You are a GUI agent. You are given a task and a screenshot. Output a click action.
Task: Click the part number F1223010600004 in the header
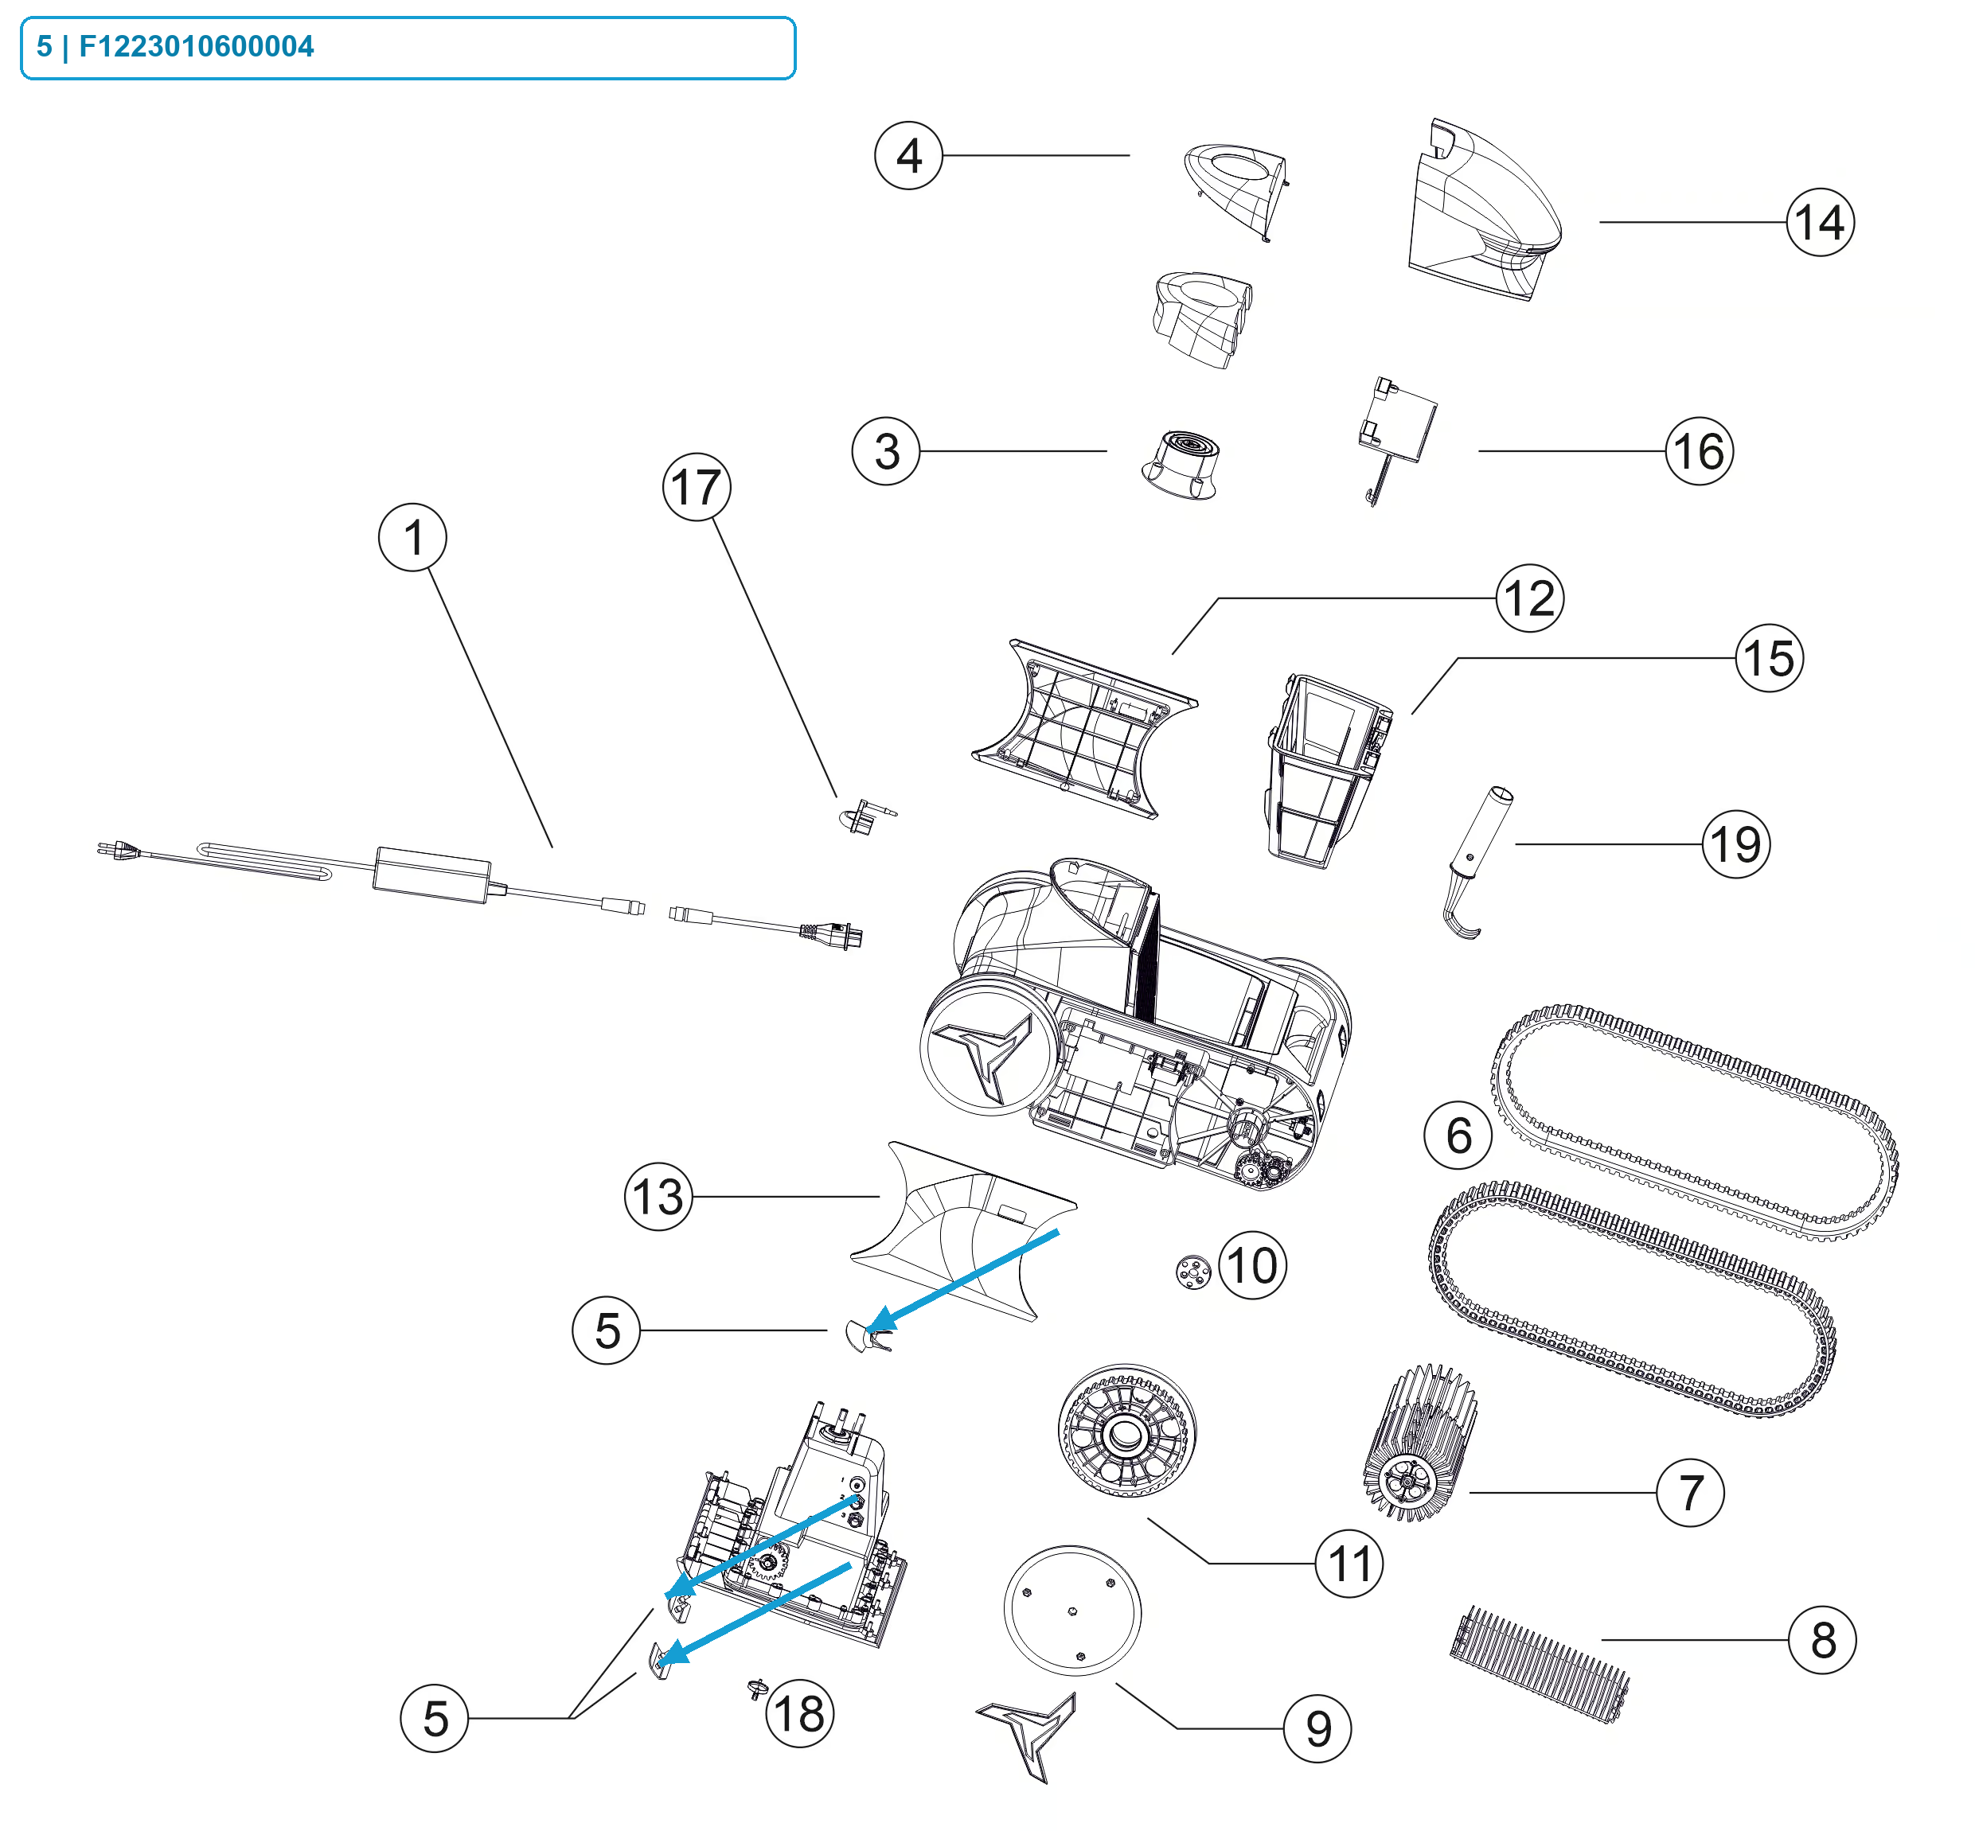[x=196, y=47]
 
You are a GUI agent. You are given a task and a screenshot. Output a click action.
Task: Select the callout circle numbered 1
[x=412, y=537]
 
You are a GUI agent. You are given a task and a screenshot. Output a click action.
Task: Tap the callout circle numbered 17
[x=697, y=486]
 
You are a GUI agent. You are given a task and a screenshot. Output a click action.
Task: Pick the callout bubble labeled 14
[x=1820, y=222]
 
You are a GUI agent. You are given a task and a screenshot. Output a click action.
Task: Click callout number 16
[x=1699, y=451]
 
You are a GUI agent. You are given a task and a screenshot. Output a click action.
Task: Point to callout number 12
[x=1529, y=598]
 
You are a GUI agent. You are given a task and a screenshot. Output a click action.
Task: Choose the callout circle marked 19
[x=1735, y=844]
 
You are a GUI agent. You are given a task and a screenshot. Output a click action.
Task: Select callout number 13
[x=658, y=1196]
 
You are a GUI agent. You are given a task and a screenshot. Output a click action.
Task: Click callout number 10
[x=1251, y=1264]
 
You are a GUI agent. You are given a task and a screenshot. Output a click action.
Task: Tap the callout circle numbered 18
[x=800, y=1713]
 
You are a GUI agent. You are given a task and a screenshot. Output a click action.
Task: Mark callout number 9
[x=1316, y=1728]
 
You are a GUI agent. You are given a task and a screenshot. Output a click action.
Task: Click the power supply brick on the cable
[x=432, y=874]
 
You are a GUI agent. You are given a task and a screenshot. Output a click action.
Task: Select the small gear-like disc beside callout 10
[x=1192, y=1272]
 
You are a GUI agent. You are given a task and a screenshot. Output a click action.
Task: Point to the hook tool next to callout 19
[x=1474, y=862]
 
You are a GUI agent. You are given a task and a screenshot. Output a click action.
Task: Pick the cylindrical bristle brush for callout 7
[x=1419, y=1443]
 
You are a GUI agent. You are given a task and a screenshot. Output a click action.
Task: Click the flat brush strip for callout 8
[x=1539, y=1665]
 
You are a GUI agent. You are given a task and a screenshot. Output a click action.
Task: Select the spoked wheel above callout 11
[x=1126, y=1431]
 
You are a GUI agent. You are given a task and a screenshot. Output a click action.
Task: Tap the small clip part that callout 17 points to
[x=865, y=816]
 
